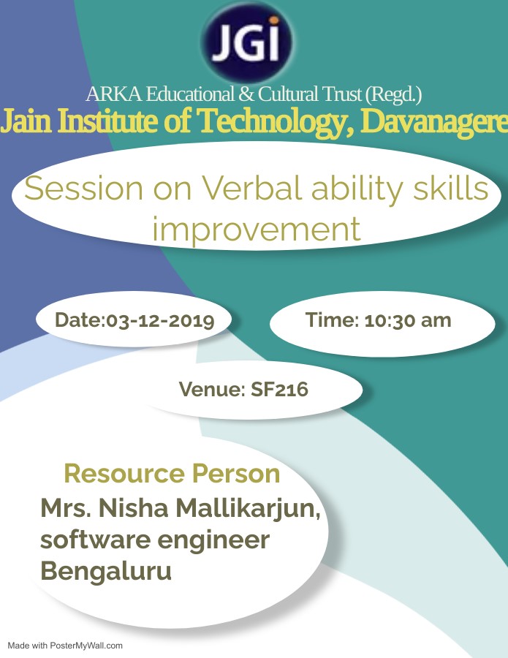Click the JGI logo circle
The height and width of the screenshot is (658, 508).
point(247,41)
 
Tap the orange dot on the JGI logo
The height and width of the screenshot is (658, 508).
point(274,20)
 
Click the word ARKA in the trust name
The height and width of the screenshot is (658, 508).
point(114,94)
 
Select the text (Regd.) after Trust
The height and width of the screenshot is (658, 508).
point(393,94)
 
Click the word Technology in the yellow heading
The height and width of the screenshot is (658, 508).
point(275,121)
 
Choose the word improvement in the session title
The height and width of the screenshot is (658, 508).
point(257,230)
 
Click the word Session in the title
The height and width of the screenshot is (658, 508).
point(84,188)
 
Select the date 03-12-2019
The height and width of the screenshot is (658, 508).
point(160,321)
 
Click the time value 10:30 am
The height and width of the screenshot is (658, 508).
point(408,320)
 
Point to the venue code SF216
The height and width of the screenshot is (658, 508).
point(279,389)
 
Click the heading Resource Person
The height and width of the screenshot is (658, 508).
point(172,473)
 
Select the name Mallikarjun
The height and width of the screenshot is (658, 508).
point(248,509)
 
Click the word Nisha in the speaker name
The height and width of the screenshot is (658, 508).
point(134,508)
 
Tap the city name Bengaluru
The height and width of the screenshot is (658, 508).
point(106,571)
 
